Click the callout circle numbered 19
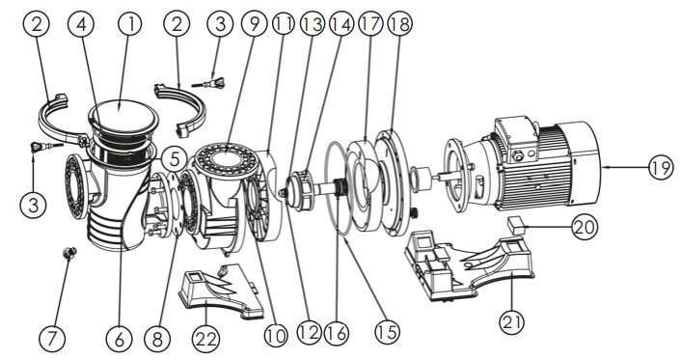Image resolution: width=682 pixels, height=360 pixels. (661, 168)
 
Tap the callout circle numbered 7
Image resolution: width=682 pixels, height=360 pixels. (51, 338)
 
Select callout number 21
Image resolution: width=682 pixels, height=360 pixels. (511, 322)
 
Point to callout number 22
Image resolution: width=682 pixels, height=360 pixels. (205, 338)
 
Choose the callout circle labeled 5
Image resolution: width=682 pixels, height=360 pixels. (175, 159)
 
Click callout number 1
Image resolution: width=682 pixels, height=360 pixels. (128, 24)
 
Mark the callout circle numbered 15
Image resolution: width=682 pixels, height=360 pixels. (387, 332)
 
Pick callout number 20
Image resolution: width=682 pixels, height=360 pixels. (585, 227)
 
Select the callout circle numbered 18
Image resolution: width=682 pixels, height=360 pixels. (399, 24)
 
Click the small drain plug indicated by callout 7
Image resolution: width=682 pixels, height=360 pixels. (69, 253)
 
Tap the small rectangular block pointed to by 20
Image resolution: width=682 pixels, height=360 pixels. (516, 226)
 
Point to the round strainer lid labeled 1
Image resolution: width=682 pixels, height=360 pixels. (123, 117)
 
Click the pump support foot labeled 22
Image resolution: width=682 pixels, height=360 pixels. (222, 291)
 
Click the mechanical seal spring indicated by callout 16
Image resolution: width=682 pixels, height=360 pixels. (341, 187)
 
